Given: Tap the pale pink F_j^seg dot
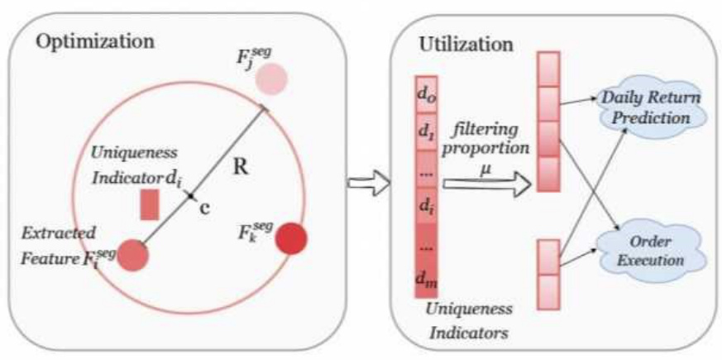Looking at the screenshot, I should point(270,78).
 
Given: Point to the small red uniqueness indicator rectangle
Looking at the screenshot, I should point(149,204).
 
